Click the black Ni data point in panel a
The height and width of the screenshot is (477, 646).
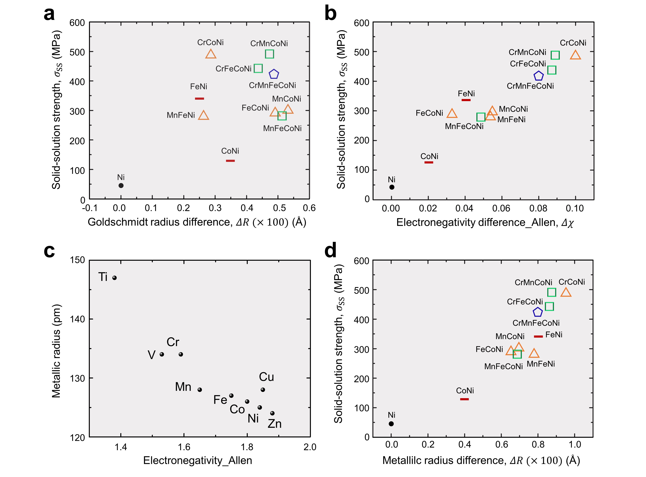[x=121, y=186]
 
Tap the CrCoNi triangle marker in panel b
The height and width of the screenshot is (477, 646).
[x=575, y=55]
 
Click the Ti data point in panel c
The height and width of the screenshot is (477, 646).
[x=115, y=278]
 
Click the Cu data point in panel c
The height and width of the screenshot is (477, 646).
[x=263, y=390]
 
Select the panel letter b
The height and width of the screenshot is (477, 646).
[x=330, y=14]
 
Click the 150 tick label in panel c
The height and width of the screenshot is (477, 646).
[x=77, y=260]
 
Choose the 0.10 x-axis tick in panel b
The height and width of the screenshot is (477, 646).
[x=575, y=209]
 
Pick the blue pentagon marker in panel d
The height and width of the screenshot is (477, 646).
[x=537, y=312]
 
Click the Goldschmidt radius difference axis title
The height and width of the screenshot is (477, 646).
[x=197, y=222]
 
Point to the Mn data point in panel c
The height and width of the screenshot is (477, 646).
[x=199, y=390]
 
